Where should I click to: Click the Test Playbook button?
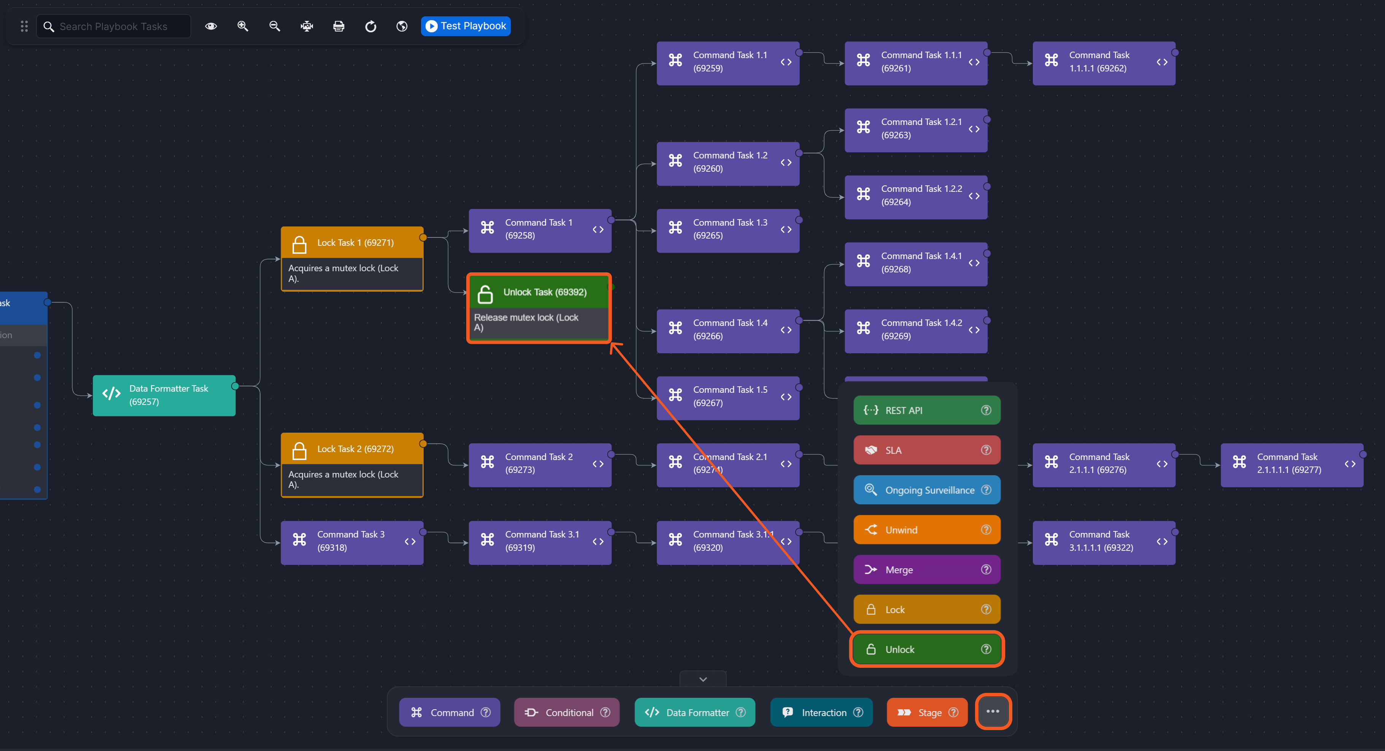click(465, 26)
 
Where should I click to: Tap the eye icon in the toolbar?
click(211, 26)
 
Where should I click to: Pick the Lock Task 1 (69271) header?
click(352, 243)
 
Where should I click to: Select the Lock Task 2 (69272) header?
click(352, 449)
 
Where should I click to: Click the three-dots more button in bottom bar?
click(993, 712)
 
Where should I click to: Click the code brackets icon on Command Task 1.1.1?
click(974, 62)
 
